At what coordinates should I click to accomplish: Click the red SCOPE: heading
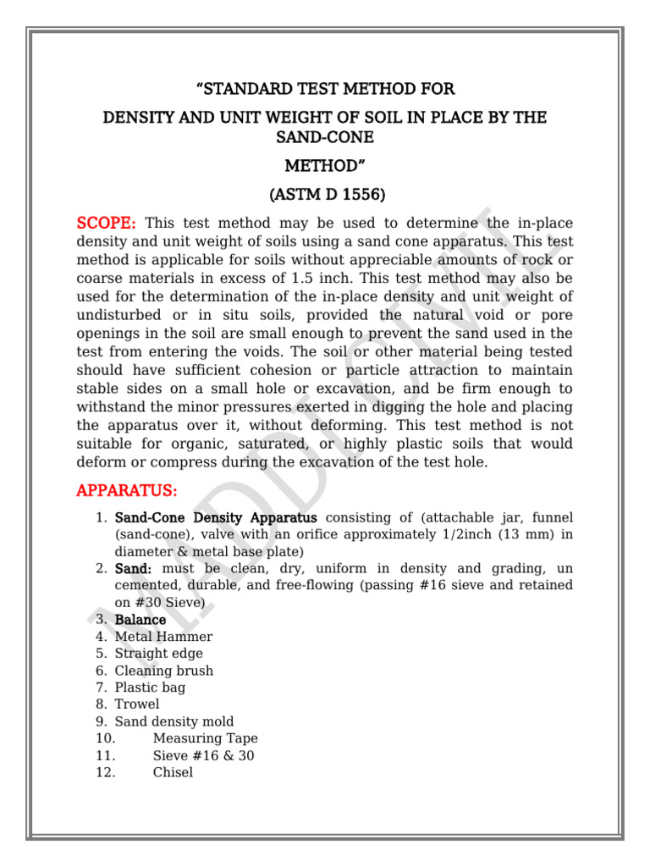(107, 223)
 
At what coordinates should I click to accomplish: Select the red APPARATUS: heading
(127, 490)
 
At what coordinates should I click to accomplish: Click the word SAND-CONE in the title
(325, 137)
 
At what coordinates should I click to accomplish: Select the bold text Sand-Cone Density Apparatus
(216, 517)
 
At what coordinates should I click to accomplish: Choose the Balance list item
(140, 620)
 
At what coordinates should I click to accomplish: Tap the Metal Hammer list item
(163, 637)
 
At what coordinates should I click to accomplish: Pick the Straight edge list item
(158, 654)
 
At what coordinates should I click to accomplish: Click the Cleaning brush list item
(163, 671)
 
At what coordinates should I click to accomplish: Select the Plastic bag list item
(150, 688)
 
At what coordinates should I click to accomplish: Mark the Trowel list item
(136, 704)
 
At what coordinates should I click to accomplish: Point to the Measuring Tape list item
(205, 738)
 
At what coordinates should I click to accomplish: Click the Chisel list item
(173, 772)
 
